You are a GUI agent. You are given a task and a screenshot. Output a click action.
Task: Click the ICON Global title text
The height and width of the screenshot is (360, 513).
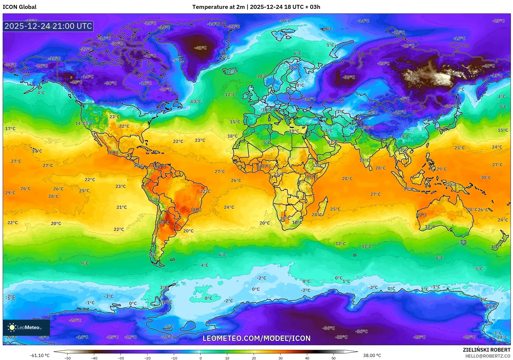[x=19, y=7]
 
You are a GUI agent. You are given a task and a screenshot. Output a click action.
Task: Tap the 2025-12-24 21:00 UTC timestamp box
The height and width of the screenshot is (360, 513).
[x=48, y=26]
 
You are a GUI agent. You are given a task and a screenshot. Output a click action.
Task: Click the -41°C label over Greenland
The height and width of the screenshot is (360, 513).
[x=200, y=48]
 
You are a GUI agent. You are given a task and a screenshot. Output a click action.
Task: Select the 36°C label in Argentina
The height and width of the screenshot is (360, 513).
[x=164, y=222]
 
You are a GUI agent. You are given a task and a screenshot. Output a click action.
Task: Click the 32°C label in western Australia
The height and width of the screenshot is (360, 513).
[x=421, y=215]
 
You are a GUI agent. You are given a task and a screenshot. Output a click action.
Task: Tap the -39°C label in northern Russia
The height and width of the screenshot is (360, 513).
[x=349, y=77]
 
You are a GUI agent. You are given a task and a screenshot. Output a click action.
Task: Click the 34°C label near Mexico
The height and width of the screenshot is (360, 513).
[x=113, y=153]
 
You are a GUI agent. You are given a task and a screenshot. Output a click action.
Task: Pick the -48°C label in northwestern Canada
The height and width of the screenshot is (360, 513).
[x=76, y=82]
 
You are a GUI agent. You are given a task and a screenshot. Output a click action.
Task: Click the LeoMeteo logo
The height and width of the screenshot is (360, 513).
[x=26, y=327]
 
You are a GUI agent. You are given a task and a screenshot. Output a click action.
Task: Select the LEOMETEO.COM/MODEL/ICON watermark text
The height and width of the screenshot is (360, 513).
[x=256, y=338]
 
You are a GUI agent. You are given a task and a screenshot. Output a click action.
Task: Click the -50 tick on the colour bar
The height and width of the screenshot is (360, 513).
[x=68, y=358]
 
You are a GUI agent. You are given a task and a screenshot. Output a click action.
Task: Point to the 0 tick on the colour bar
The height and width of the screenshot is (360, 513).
[x=201, y=358]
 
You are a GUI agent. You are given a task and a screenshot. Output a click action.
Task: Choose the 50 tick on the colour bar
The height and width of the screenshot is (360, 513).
[x=334, y=358]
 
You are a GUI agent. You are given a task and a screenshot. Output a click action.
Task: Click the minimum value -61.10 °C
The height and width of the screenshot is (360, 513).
[x=40, y=355]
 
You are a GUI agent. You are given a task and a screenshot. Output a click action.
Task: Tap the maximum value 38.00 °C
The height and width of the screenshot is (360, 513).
[x=372, y=355]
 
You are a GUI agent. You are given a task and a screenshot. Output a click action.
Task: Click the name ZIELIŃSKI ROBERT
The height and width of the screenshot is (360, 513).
[x=486, y=350]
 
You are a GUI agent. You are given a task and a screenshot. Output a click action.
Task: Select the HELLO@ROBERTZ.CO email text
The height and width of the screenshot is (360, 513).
[x=488, y=356]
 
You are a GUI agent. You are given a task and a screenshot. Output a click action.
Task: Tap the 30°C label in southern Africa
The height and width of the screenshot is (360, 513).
[x=285, y=218]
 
